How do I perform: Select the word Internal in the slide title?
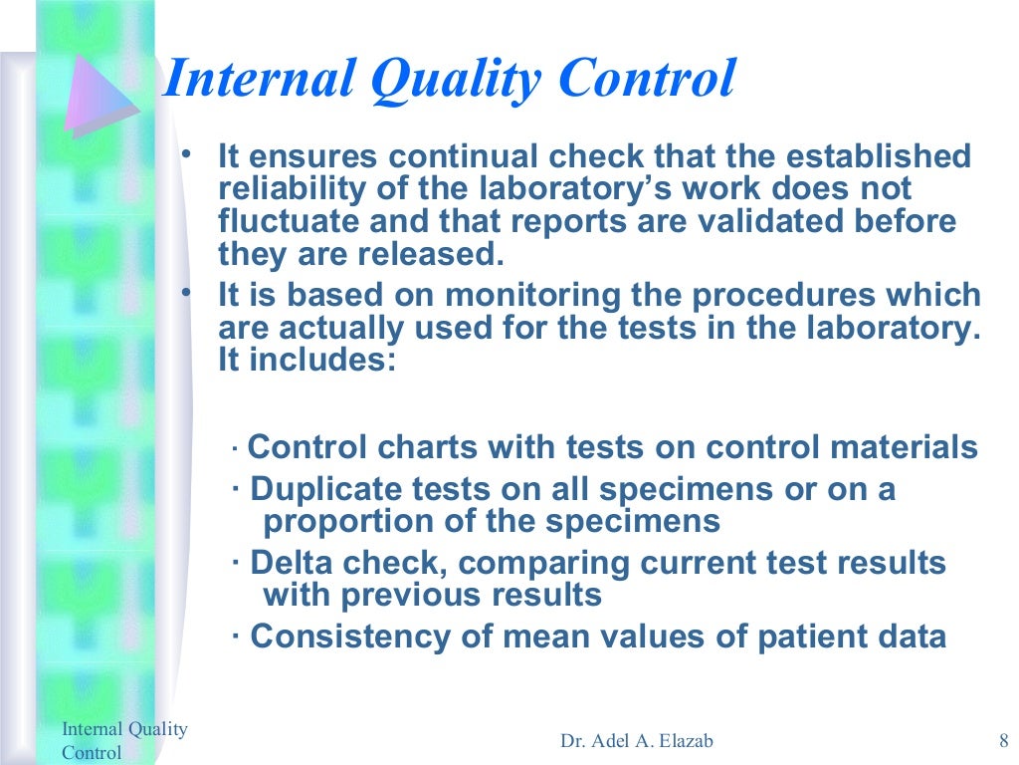point(255,79)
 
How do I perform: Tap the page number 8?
point(1002,740)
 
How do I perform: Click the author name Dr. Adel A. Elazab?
point(637,740)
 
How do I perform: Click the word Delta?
point(289,563)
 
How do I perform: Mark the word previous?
point(417,595)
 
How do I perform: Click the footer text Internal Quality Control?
point(124,740)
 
